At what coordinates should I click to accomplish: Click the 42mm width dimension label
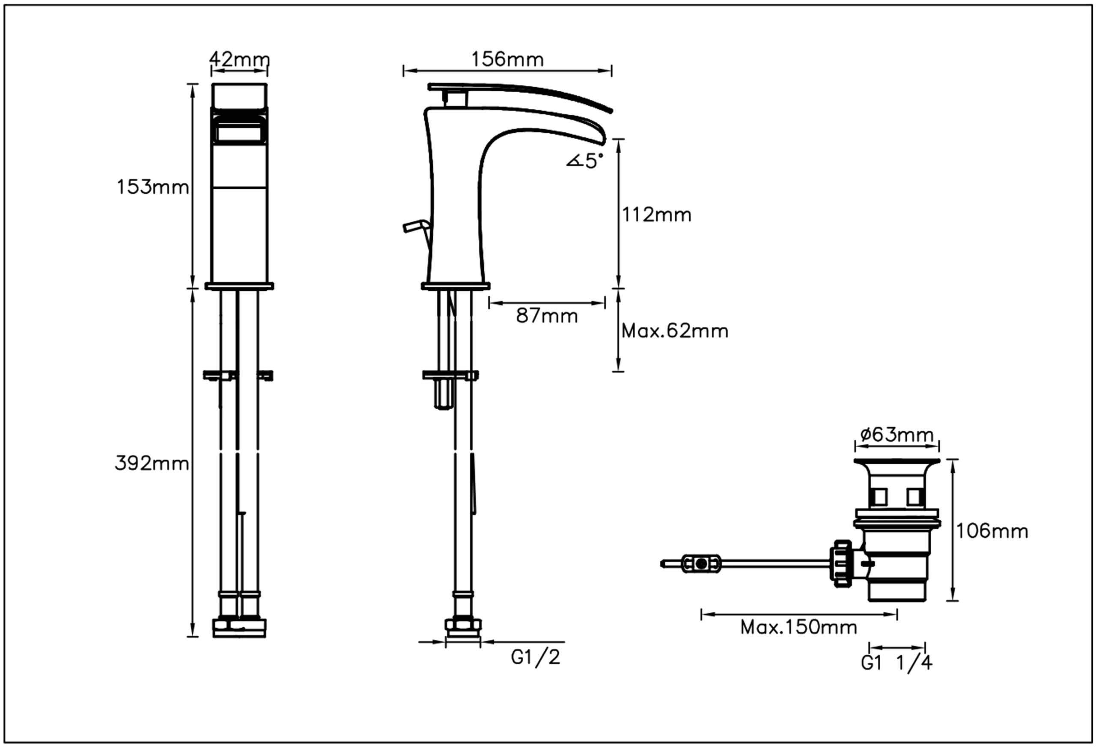(x=239, y=60)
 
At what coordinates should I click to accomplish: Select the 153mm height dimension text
(x=152, y=187)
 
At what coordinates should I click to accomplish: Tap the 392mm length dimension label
(x=152, y=464)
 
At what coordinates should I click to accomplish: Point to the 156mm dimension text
(x=507, y=60)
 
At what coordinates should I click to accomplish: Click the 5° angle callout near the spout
(x=585, y=161)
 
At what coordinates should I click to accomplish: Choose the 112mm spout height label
(x=656, y=215)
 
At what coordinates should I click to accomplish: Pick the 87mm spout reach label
(x=547, y=316)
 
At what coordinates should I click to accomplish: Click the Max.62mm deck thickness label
(x=674, y=331)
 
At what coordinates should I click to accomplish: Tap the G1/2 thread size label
(x=536, y=657)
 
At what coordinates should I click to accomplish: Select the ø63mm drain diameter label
(x=896, y=434)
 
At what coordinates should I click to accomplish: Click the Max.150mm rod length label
(x=798, y=627)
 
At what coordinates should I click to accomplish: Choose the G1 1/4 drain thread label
(x=896, y=663)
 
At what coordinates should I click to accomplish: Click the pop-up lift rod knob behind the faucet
(x=414, y=227)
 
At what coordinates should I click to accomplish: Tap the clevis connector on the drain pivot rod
(x=701, y=563)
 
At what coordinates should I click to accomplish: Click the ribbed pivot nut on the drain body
(x=842, y=563)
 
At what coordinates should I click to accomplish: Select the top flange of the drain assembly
(x=896, y=461)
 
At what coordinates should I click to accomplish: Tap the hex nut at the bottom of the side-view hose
(x=463, y=625)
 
